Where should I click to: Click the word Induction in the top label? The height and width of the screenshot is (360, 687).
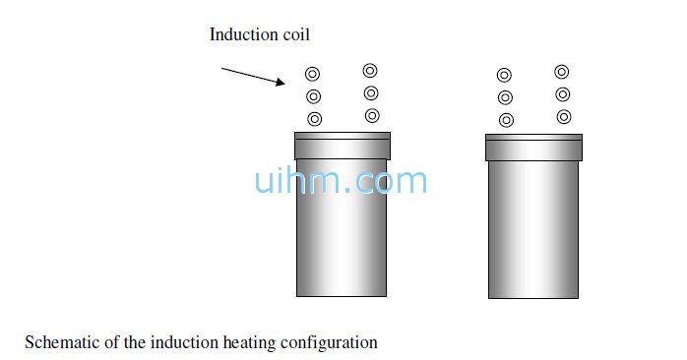pyautogui.click(x=243, y=34)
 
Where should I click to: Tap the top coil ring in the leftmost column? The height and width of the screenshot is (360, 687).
pyautogui.click(x=313, y=73)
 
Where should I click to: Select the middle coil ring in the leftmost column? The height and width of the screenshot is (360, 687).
pyautogui.click(x=314, y=96)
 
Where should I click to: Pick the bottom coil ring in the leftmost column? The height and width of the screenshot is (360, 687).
pyautogui.click(x=315, y=119)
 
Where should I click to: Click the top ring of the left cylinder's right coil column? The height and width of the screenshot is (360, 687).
pyautogui.click(x=370, y=70)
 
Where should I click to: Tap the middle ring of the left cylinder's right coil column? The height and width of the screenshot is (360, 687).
pyautogui.click(x=371, y=93)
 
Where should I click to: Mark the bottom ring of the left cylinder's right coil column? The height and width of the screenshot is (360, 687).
pyautogui.click(x=372, y=116)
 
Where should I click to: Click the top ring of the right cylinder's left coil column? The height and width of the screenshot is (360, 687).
pyautogui.click(x=504, y=75)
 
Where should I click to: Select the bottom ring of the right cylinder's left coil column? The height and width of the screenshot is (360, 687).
pyautogui.click(x=506, y=120)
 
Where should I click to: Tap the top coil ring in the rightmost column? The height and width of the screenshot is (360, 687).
pyautogui.click(x=561, y=71)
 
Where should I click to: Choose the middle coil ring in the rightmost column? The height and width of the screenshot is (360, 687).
pyautogui.click(x=562, y=94)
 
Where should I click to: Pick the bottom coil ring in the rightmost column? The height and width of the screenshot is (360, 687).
pyautogui.click(x=563, y=117)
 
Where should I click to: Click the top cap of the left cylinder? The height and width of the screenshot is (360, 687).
pyautogui.click(x=343, y=146)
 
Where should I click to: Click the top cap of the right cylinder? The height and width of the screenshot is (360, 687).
pyautogui.click(x=533, y=148)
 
